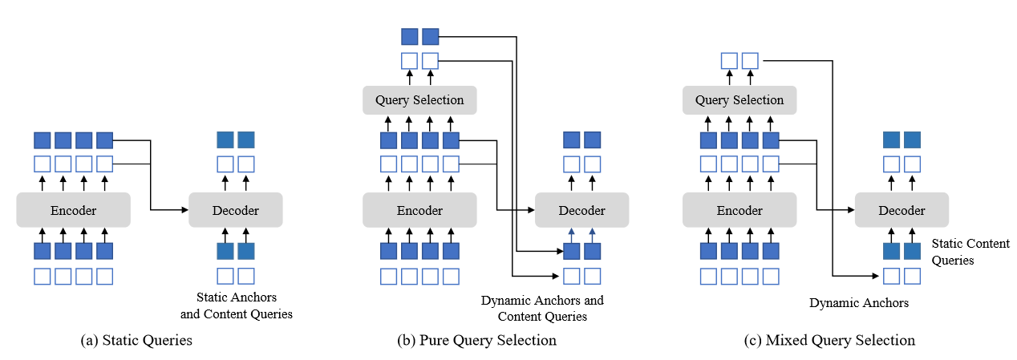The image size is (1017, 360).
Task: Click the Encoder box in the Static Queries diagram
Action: click(73, 210)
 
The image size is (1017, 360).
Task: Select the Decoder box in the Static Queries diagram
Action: click(235, 210)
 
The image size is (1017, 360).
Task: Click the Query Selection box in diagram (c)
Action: click(739, 100)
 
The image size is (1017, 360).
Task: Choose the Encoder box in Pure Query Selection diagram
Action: click(419, 210)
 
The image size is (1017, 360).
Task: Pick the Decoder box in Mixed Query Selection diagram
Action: click(902, 210)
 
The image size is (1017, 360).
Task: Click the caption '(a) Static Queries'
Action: click(136, 340)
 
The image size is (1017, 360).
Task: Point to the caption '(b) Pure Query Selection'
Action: click(476, 340)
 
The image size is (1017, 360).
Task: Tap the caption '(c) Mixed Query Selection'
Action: click(829, 340)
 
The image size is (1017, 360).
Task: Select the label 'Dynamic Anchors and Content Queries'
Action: click(542, 308)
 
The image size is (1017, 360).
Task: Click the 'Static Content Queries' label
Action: click(970, 251)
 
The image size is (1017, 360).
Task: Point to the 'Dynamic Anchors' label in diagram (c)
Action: click(859, 303)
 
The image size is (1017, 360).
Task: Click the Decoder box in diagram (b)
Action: click(581, 210)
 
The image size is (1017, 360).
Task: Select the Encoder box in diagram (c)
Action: click(739, 210)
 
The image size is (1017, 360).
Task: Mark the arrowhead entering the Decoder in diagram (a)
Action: click(184, 210)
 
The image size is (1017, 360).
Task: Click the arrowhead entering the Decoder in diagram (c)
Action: click(850, 210)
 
